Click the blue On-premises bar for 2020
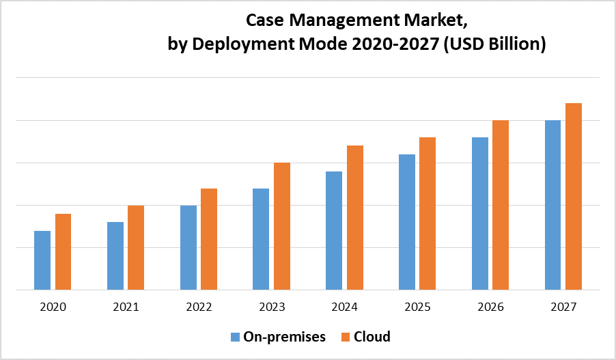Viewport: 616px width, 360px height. tap(42, 260)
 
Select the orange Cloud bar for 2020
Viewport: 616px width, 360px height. tap(63, 251)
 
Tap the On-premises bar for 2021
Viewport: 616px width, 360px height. tap(115, 255)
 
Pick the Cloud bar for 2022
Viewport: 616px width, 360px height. tap(209, 239)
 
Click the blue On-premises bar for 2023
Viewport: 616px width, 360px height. tap(261, 239)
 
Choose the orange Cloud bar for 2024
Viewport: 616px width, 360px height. tap(354, 217)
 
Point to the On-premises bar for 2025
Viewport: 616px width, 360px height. tap(407, 222)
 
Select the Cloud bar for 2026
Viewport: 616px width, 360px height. tap(501, 205)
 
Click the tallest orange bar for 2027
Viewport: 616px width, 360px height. tap(573, 196)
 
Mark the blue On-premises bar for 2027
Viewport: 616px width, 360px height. tap(552, 205)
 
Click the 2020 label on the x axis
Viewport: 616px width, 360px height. tap(53, 307)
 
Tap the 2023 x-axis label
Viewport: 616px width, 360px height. tap(271, 307)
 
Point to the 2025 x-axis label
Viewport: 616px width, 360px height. tap(417, 307)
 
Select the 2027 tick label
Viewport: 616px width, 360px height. tap(563, 307)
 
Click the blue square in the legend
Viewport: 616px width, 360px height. tap(236, 337)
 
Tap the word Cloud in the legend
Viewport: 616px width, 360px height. tap(372, 337)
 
